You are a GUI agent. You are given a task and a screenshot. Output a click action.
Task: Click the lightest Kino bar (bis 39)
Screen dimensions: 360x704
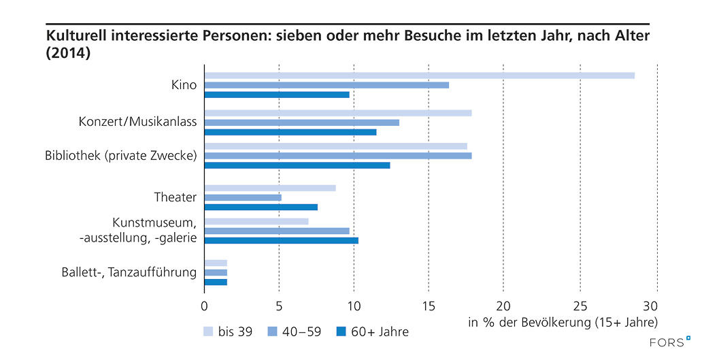point(419,76)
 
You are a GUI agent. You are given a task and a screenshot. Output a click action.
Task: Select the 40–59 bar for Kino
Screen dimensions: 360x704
point(326,85)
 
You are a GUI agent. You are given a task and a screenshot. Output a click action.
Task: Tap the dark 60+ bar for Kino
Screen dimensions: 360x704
point(277,95)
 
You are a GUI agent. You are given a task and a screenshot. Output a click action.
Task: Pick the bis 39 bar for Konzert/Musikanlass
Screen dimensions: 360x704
point(338,113)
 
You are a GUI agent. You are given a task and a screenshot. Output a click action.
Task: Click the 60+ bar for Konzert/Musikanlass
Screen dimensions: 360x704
point(290,132)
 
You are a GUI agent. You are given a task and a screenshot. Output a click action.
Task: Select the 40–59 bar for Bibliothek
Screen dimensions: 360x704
point(338,155)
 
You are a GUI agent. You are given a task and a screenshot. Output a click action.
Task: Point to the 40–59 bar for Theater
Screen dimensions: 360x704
point(243,197)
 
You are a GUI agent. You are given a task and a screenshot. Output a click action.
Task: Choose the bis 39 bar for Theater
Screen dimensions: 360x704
point(270,188)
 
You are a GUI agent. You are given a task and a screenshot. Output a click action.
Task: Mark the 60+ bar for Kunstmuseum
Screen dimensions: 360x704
point(282,240)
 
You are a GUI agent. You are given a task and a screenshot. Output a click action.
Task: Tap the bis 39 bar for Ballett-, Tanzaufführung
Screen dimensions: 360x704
point(216,263)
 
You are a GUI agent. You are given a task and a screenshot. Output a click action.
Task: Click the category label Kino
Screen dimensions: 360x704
point(184,85)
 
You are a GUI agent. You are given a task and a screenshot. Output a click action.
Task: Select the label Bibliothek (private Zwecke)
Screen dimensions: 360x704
point(120,155)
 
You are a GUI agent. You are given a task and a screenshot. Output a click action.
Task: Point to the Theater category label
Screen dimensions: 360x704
point(175,197)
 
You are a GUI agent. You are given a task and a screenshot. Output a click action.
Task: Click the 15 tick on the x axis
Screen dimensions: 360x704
point(429,306)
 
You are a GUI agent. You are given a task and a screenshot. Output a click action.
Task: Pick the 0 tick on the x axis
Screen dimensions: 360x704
point(204,306)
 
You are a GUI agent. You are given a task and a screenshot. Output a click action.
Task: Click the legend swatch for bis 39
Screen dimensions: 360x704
point(208,332)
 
